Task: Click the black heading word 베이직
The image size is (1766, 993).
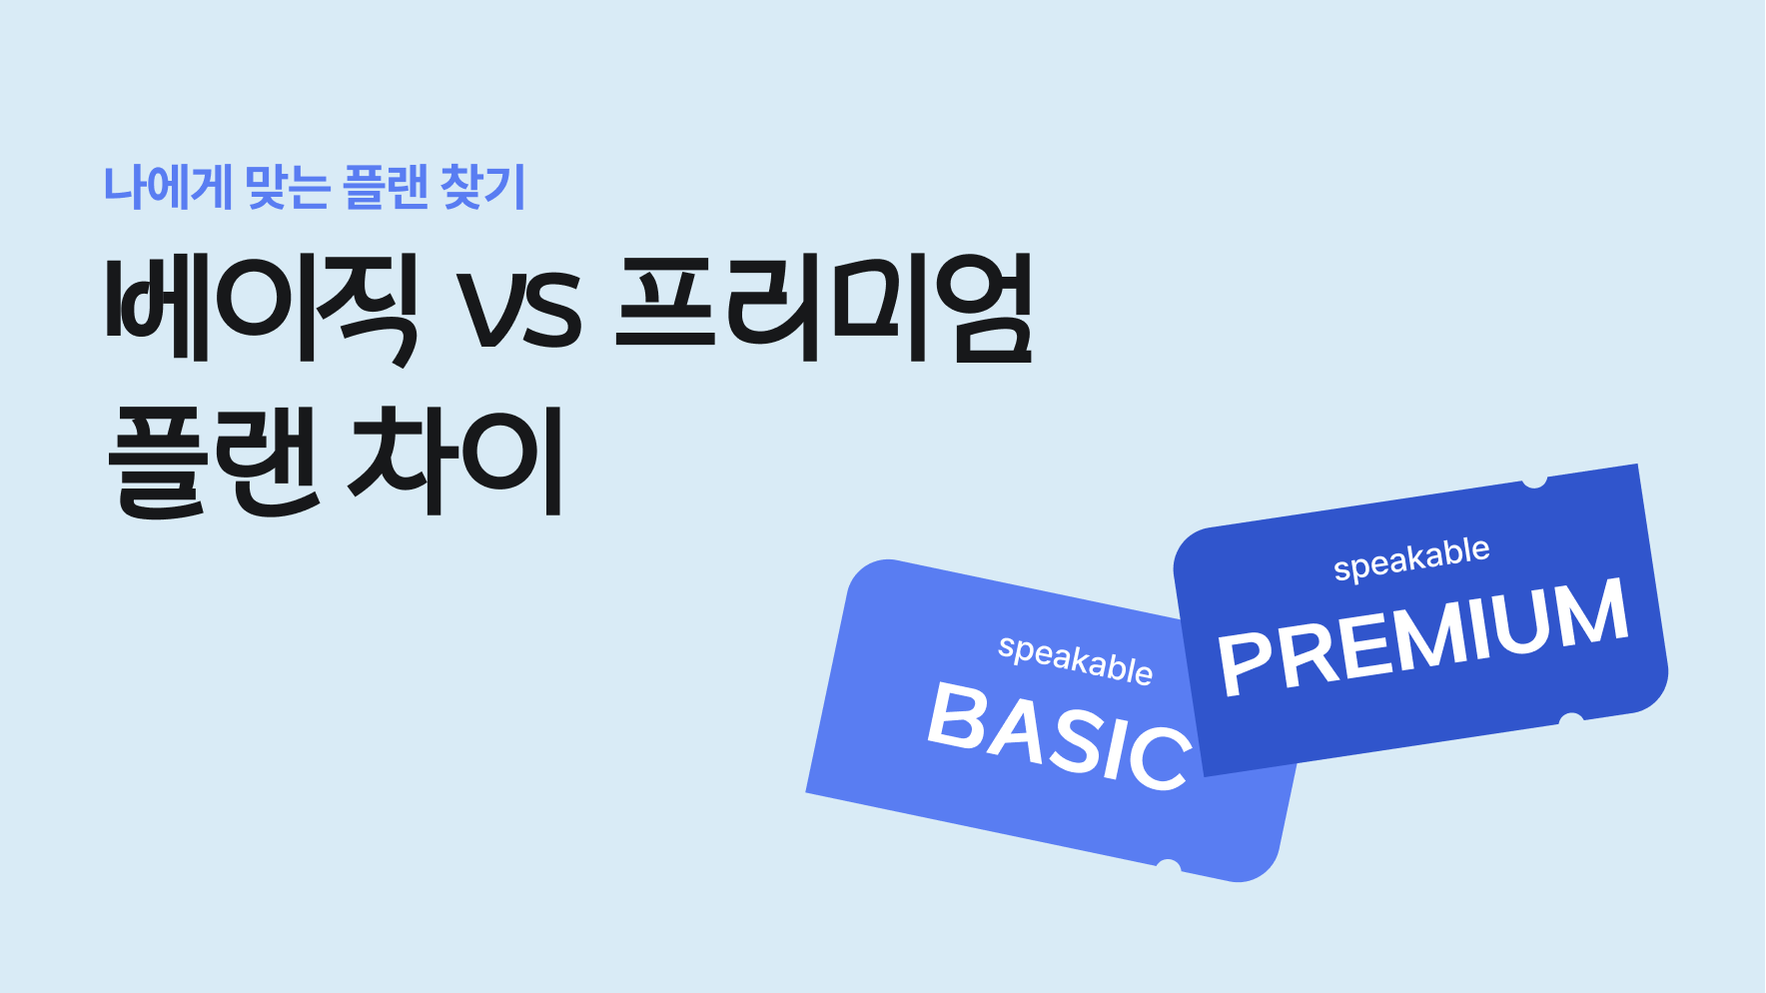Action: coord(262,308)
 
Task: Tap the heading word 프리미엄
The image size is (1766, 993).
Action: coord(824,308)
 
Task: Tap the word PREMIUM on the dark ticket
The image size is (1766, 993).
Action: coord(1423,637)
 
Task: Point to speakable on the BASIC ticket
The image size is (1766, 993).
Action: coord(1075,659)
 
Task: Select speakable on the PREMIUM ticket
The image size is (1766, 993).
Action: coord(1411,558)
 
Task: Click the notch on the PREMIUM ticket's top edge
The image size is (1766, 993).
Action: coord(1534,481)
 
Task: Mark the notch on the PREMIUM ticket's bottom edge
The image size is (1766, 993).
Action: coord(1571,719)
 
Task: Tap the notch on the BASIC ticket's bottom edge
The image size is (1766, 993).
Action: coord(1167,865)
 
